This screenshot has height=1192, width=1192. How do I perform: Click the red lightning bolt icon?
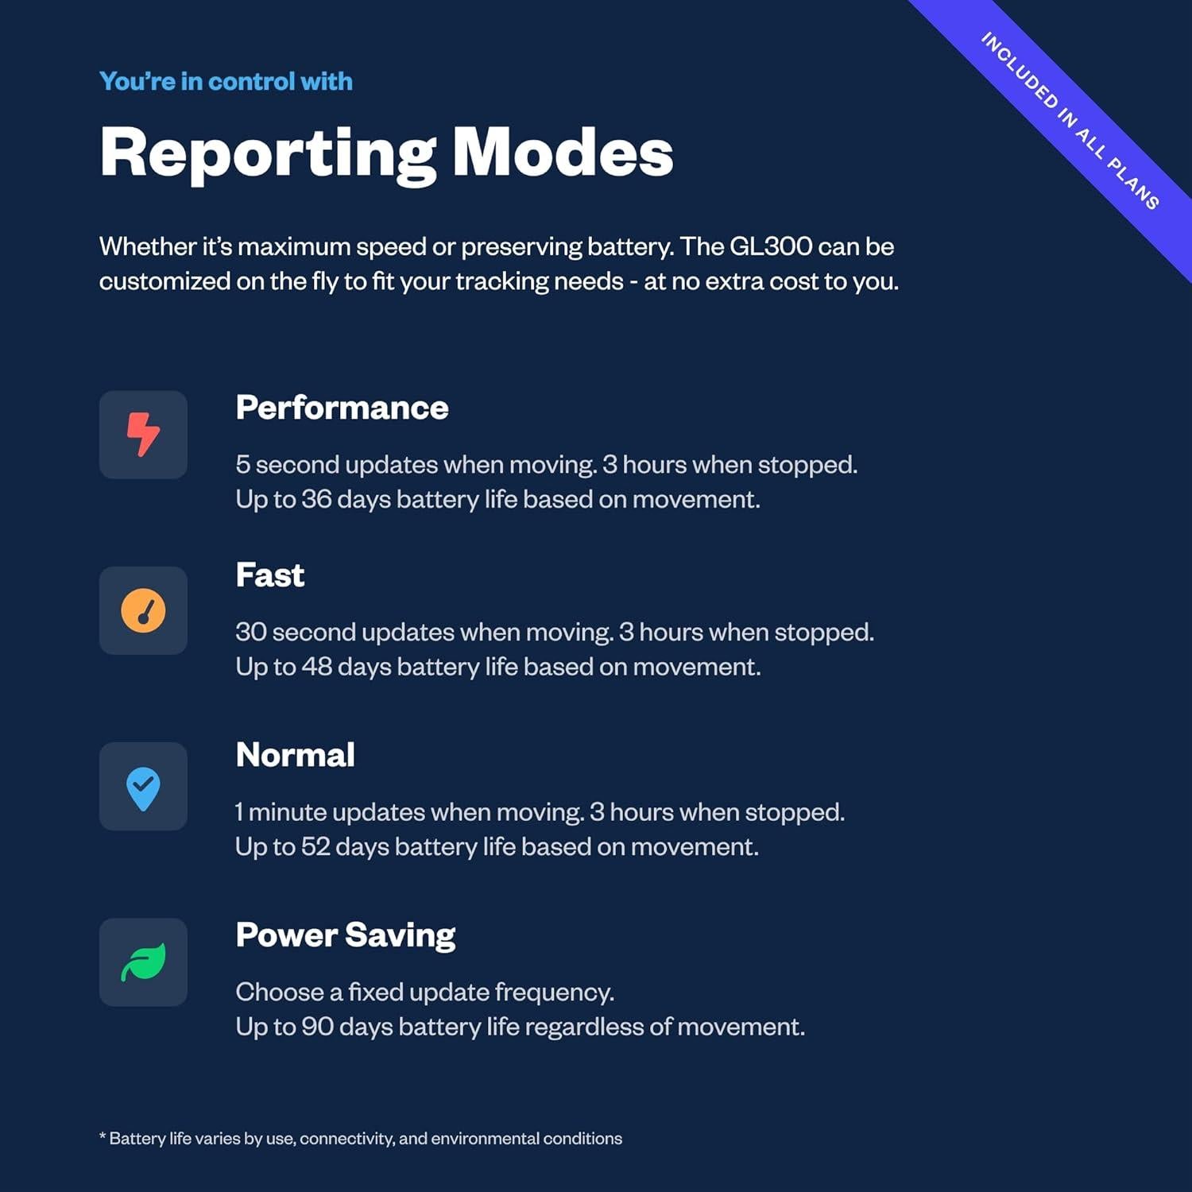tap(144, 434)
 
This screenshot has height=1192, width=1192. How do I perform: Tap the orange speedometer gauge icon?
tap(143, 610)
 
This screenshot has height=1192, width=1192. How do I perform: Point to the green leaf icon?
tap(143, 962)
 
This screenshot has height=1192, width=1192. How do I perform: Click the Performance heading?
tap(342, 408)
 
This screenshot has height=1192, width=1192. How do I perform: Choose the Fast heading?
tap(270, 575)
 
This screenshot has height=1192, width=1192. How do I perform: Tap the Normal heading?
tap(296, 755)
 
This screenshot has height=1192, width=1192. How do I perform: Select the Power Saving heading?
tap(346, 936)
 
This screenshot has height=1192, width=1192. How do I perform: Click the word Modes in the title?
tap(563, 152)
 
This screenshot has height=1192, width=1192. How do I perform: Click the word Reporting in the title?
tap(268, 155)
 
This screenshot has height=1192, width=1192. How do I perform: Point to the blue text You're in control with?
tap(226, 81)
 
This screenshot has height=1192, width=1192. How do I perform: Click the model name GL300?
tap(770, 246)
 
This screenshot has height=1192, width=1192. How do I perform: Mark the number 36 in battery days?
tap(316, 499)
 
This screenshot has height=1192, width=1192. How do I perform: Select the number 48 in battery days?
tap(317, 667)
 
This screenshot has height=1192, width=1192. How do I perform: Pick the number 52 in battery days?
tap(315, 847)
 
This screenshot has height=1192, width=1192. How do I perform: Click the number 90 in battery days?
tap(318, 1027)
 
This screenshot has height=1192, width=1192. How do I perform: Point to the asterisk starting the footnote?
tap(103, 1136)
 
